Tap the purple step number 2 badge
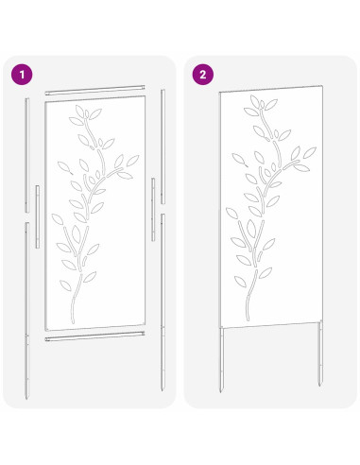201,72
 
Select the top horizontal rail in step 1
95,90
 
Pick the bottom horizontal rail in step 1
95,336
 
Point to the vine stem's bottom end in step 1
72,321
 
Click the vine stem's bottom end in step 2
248,320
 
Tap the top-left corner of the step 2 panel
220,92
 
